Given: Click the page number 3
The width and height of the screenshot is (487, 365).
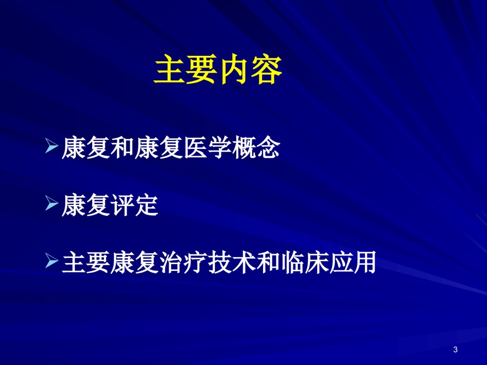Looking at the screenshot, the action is point(455,350).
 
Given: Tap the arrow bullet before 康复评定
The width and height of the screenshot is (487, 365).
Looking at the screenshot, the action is point(52,203).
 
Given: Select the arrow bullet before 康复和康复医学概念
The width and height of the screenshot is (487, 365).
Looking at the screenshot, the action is point(52,146).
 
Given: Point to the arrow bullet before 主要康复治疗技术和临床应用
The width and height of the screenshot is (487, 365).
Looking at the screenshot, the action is point(52,261).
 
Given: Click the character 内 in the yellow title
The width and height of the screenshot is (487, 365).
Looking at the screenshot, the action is point(234,69).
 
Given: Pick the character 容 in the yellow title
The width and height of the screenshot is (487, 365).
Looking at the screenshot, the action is point(267,69).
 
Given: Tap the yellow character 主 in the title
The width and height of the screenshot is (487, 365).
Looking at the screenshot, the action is point(169,69).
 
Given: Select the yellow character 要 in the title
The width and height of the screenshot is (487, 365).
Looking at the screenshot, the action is point(201,69).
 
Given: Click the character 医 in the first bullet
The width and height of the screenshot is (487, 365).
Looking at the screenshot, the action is point(196,147).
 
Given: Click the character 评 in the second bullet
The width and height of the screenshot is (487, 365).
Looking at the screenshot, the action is point(123,205).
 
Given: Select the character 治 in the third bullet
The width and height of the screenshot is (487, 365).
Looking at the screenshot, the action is point(171,262).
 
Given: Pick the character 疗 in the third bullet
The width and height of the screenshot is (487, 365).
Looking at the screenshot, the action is point(196,262).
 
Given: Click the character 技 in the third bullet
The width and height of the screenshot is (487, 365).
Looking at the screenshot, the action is point(220,262).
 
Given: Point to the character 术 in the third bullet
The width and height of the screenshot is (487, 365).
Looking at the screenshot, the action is point(245,262).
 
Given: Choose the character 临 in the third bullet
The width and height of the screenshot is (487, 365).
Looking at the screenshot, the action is point(293,262).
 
